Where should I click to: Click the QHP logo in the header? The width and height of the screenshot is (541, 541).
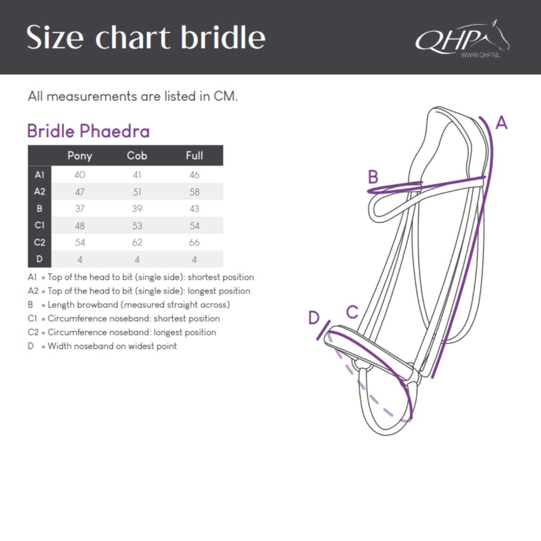pos(460,39)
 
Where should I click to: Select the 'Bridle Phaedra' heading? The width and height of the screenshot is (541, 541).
pos(88,131)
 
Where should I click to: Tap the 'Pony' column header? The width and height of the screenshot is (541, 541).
pos(80,156)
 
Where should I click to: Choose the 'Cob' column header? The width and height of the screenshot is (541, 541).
pos(137,156)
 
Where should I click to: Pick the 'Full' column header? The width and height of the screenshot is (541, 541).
pos(194,156)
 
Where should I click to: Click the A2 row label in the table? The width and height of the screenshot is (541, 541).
pos(40,192)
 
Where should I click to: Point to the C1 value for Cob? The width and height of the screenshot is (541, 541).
pos(137,225)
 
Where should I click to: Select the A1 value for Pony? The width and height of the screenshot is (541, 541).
pos(80,175)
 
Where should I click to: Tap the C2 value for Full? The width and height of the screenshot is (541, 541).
pos(194,243)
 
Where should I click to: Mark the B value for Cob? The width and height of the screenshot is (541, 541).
pos(137,209)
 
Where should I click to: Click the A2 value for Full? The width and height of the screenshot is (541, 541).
pos(194,192)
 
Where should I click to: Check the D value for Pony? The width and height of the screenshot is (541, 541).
pos(80,260)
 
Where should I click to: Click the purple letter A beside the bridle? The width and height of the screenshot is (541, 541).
pos(501,123)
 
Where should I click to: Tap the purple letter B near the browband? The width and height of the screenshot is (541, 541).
pos(373,177)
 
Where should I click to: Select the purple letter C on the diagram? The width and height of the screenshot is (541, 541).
pos(352,312)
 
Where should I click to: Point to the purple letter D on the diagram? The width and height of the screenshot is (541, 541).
pos(314,318)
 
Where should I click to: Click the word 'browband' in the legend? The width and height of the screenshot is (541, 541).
pos(98,305)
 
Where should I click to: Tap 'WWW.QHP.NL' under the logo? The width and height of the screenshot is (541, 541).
pos(480,55)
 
